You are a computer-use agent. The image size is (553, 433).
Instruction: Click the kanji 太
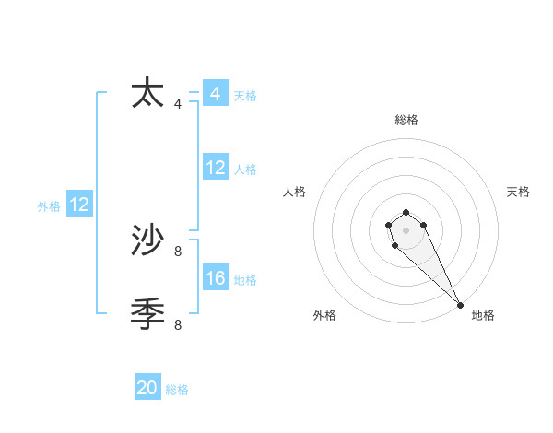click(147, 94)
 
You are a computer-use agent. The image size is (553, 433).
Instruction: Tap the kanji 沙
click(147, 240)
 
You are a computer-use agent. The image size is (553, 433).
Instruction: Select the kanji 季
click(147, 314)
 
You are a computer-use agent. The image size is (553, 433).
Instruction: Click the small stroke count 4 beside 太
click(178, 104)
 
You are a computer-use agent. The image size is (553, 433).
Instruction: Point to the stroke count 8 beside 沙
click(178, 251)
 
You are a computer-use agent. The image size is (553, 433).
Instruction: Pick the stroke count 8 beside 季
click(178, 324)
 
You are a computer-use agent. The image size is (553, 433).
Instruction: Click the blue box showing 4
click(215, 94)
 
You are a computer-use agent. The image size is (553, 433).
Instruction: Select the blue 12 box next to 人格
click(215, 168)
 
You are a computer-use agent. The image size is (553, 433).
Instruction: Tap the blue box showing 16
click(215, 278)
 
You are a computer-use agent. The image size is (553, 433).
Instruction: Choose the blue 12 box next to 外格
click(78, 205)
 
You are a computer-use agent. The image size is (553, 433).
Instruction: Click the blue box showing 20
click(147, 388)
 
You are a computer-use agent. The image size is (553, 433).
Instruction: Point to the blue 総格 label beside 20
click(177, 390)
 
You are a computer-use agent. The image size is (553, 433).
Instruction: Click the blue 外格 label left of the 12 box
click(49, 206)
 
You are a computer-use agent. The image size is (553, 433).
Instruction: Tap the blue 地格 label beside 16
click(245, 280)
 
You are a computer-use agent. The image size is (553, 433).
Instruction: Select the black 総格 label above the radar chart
click(406, 120)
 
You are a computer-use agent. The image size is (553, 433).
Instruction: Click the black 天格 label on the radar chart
click(518, 192)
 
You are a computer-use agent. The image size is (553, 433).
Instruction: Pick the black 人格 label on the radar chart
click(295, 192)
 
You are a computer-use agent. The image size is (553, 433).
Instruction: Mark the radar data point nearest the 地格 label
click(460, 305)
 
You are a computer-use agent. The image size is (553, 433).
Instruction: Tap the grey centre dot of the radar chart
click(406, 229)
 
